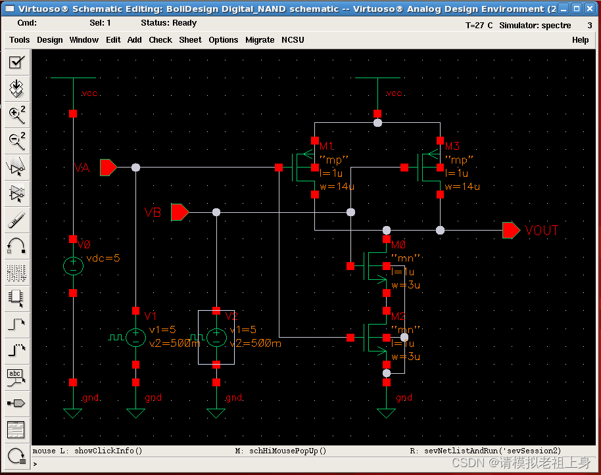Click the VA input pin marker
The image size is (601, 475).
coord(108,168)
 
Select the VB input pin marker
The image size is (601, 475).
coord(180,212)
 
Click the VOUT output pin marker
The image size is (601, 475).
coord(512,230)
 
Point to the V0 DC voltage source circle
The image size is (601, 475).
coord(73,265)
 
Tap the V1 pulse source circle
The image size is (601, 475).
coord(135,338)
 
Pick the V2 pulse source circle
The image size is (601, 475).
coord(216,338)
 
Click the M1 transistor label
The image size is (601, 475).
coord(327,146)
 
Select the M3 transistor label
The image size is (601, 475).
coord(452,146)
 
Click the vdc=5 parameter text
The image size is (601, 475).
coord(103,258)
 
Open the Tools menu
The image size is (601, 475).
coord(19,40)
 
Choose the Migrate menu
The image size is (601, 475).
coord(260,40)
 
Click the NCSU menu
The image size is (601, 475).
coord(293,40)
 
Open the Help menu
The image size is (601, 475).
coord(580,40)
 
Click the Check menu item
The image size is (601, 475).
coord(160,40)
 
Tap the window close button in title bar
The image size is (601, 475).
coord(589,9)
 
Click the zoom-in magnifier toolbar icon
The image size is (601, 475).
coord(16,114)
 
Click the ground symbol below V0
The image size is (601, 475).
coord(73,413)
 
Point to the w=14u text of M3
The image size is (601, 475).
coord(462,187)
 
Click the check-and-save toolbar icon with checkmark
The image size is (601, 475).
coord(16,62)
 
